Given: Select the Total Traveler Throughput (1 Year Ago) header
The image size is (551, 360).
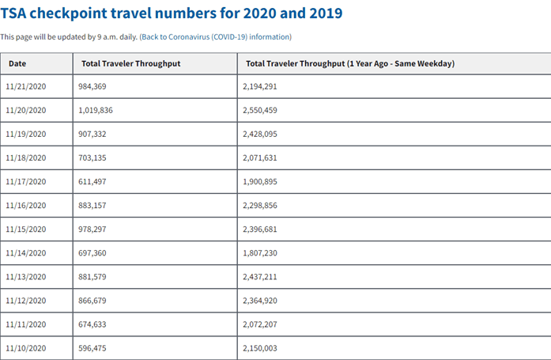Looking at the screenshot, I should coord(349,63).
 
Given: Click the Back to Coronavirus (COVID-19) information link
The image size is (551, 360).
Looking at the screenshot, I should coord(215,37).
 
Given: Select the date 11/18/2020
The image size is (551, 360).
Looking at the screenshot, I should coord(26,158).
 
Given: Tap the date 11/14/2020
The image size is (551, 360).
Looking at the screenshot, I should coord(26,252).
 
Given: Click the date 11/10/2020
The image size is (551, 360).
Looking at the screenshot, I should coord(26,347).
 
